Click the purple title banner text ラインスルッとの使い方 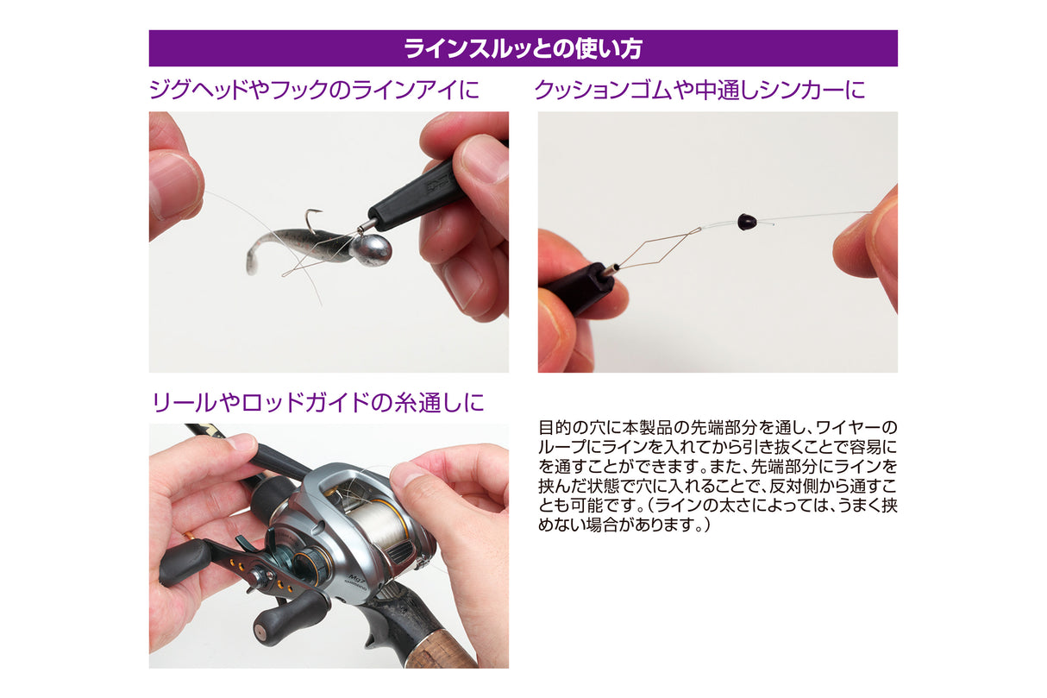tap(523, 48)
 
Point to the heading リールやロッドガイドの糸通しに tap(318, 402)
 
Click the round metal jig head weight tap(371, 249)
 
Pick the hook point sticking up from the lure tap(314, 220)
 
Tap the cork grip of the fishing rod tap(448, 646)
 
